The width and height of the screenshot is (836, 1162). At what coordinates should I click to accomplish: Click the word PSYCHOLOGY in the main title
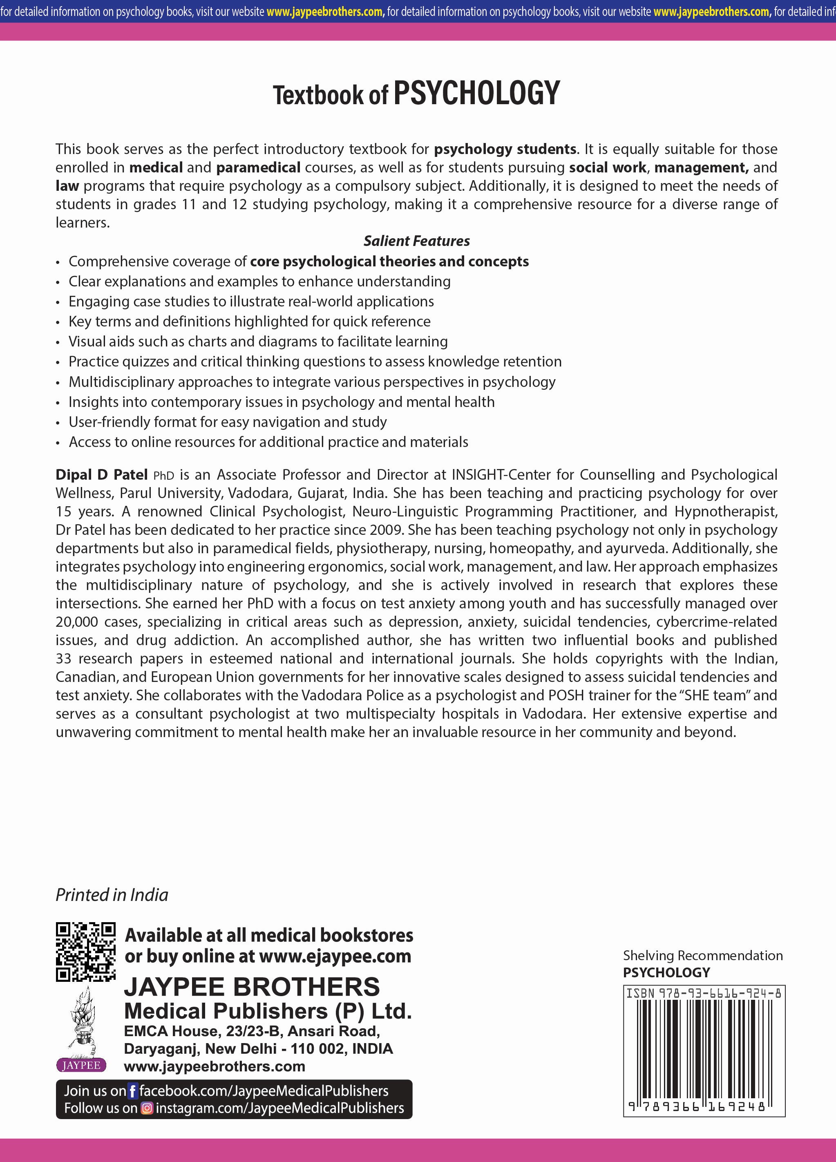tap(476, 94)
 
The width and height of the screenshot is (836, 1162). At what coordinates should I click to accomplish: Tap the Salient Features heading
tap(416, 241)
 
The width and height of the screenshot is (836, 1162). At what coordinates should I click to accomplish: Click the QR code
tap(85, 952)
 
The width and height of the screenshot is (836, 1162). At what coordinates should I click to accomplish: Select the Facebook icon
tap(133, 1091)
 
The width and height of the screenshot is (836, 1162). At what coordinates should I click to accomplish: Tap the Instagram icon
tap(147, 1108)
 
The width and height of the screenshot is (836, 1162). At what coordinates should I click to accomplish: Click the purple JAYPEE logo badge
tap(81, 1065)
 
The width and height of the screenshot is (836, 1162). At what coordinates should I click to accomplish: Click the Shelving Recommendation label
tap(702, 956)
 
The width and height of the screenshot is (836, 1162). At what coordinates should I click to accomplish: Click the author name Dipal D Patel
tap(101, 474)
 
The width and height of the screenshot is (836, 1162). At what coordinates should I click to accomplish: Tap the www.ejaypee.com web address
tap(335, 956)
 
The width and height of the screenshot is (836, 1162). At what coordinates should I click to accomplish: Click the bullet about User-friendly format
tap(228, 422)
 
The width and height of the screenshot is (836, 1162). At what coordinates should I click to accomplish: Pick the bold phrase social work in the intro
tap(608, 168)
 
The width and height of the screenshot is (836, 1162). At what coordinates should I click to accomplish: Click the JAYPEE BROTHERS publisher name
tap(252, 987)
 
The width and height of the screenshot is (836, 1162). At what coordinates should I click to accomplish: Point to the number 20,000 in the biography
tap(77, 621)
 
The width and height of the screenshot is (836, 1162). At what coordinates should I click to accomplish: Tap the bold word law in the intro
tap(67, 186)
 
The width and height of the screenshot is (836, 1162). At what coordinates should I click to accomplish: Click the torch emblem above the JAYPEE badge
tap(81, 1023)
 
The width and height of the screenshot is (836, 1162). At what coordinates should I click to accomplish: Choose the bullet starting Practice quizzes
tap(315, 361)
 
